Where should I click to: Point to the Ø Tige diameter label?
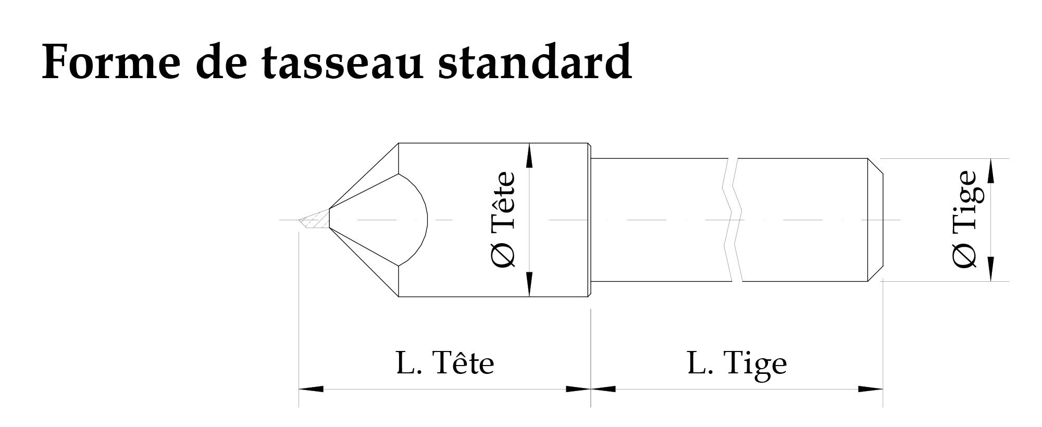964,220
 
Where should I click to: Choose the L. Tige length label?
737,364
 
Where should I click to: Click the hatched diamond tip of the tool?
315,220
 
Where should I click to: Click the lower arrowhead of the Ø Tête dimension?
529,284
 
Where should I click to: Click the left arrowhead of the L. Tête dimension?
311,389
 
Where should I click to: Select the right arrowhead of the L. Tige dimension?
871,389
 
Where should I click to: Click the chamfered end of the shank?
875,220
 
